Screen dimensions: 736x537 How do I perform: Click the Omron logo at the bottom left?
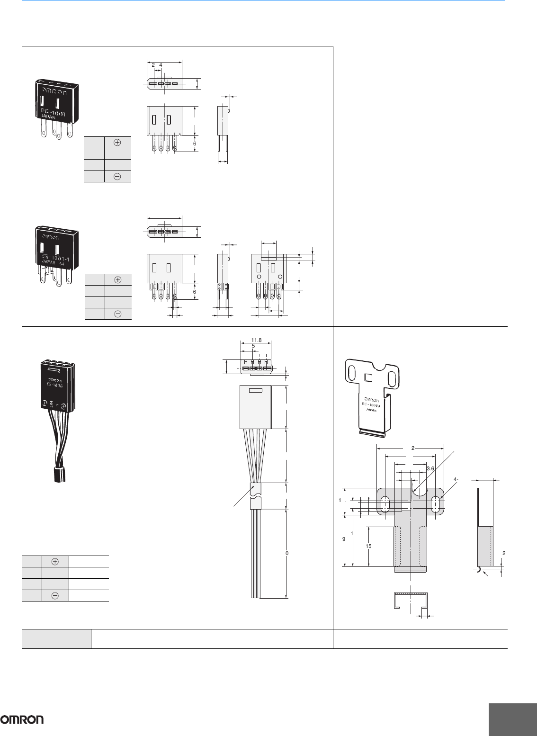[22, 719]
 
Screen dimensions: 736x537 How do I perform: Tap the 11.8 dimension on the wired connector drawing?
[257, 340]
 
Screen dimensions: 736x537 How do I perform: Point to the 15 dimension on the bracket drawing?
[368, 546]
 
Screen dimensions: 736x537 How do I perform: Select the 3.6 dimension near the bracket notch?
[430, 468]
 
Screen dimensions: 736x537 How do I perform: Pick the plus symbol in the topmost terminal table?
[117, 142]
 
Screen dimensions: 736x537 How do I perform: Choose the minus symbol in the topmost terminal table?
[117, 176]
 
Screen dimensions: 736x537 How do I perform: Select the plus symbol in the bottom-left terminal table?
[55, 561]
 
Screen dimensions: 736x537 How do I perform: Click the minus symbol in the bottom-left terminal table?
[55, 596]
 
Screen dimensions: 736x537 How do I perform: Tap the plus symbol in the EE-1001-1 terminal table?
[118, 279]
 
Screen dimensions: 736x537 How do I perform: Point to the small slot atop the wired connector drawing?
[255, 391]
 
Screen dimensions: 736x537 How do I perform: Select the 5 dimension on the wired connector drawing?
[253, 346]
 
